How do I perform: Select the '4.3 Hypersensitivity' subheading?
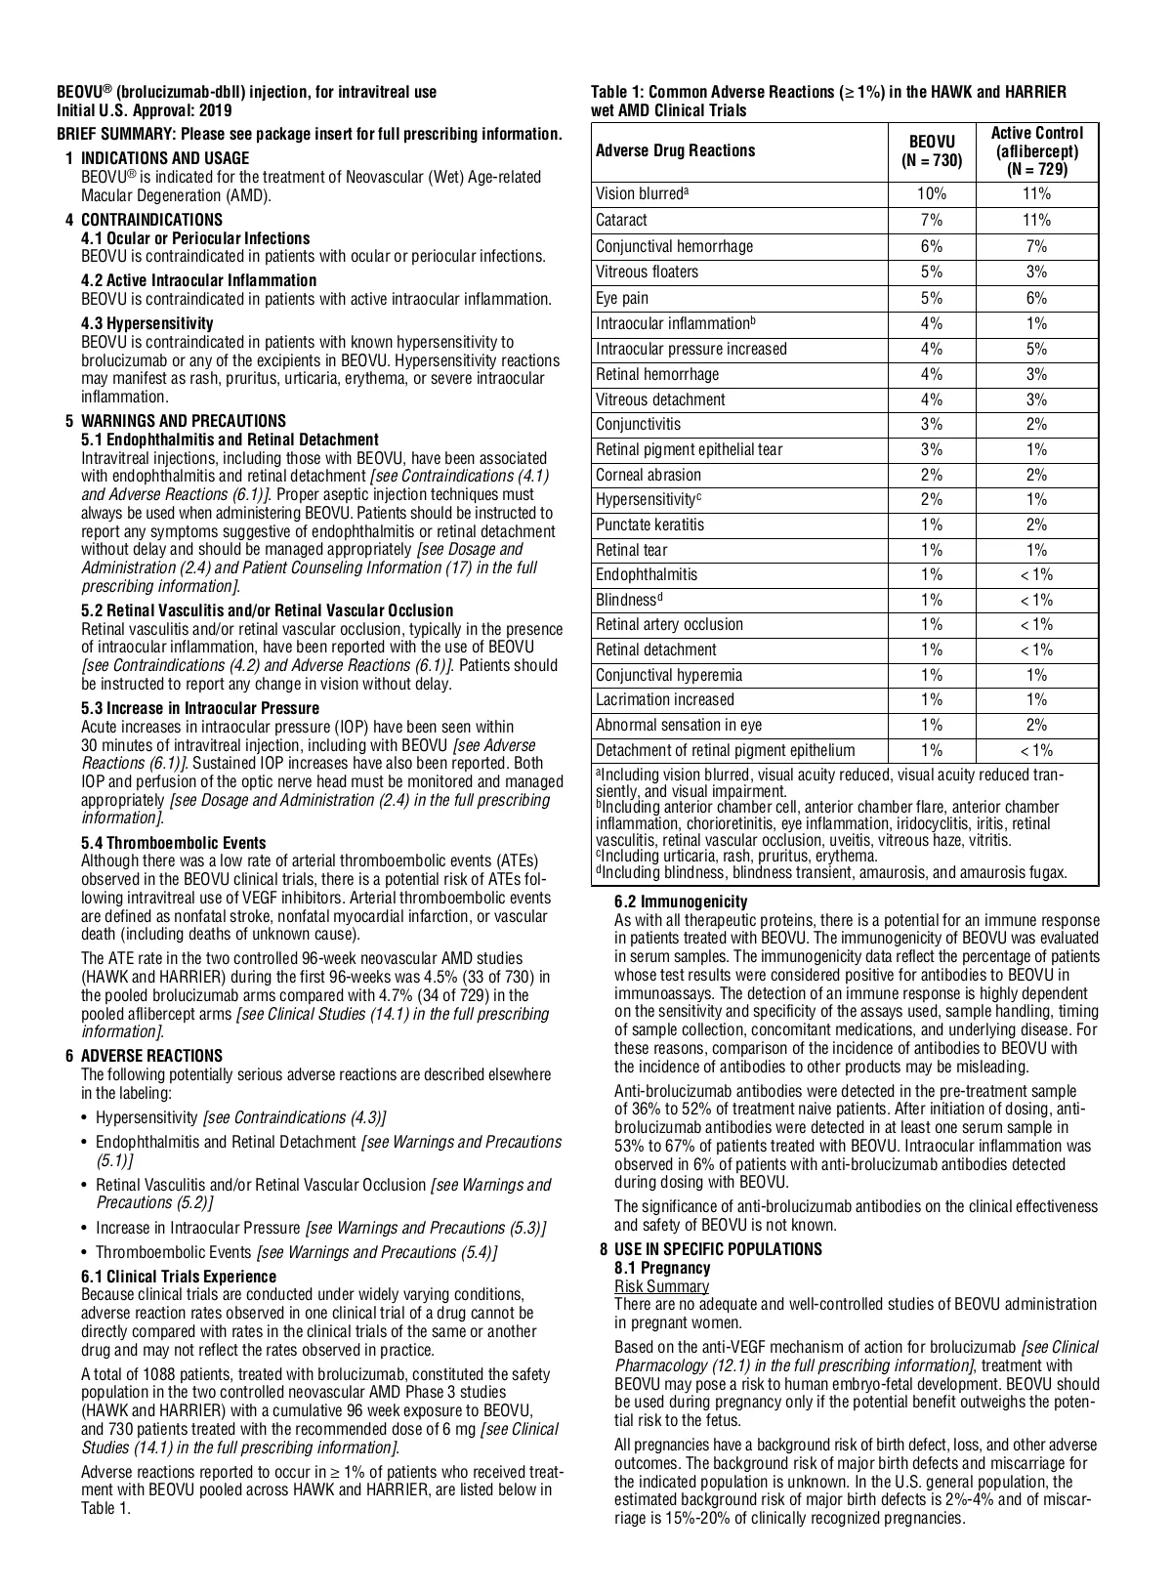pos(146,323)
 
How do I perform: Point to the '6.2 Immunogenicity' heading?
pos(681,901)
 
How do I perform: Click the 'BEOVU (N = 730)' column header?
pos(932,150)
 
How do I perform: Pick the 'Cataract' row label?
pos(621,221)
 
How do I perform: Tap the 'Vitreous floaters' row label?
pos(647,272)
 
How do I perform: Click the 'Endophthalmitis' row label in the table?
pos(647,575)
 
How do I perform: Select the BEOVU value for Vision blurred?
pos(932,194)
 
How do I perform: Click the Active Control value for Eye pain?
pos(1036,298)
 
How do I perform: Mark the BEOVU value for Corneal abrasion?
pos(932,475)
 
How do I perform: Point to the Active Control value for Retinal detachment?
pos(1036,650)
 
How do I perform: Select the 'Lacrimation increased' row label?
pos(665,699)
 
